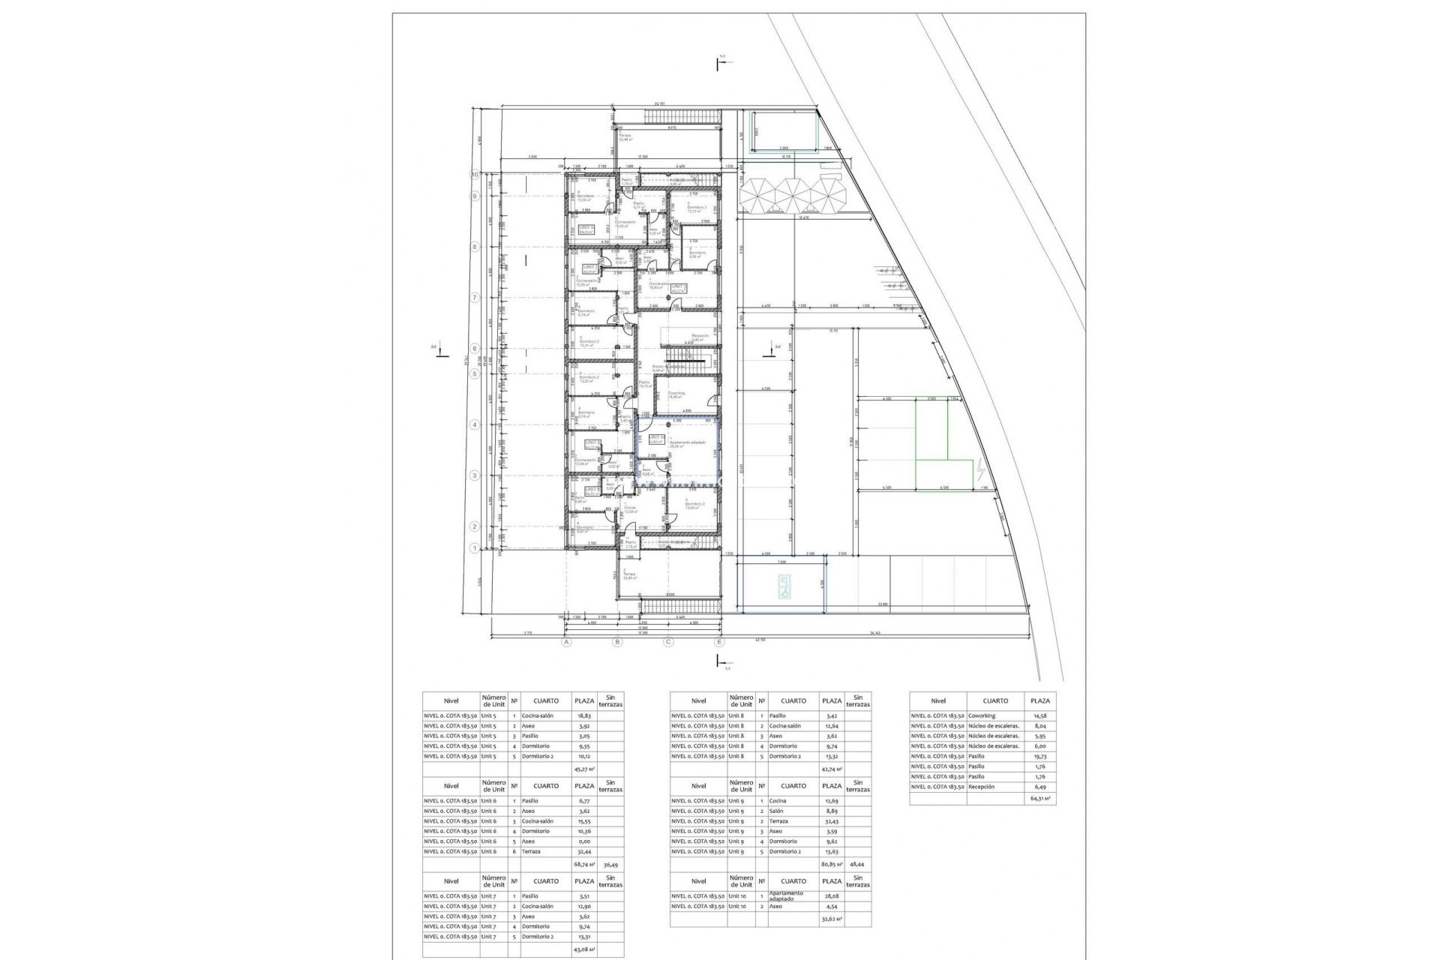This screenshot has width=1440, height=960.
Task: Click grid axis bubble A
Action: pyautogui.click(x=567, y=642)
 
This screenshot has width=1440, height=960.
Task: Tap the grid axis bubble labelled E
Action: pyautogui.click(x=719, y=642)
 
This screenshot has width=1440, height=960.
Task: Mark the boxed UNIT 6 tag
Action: pyautogui.click(x=586, y=229)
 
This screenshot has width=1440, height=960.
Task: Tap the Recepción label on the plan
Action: pyautogui.click(x=700, y=337)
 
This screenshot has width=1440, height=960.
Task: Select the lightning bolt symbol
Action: pyautogui.click(x=982, y=470)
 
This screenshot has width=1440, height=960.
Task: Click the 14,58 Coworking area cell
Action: pyautogui.click(x=1039, y=716)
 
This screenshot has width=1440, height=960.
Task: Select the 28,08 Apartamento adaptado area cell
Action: pyautogui.click(x=832, y=896)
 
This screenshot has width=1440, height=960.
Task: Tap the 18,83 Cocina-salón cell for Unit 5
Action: pyautogui.click(x=583, y=716)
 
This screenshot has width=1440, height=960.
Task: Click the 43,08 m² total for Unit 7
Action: pyautogui.click(x=583, y=949)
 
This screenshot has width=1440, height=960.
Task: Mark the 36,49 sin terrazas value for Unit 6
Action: pyautogui.click(x=610, y=864)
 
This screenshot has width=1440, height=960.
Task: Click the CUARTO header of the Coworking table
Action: pyautogui.click(x=995, y=700)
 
